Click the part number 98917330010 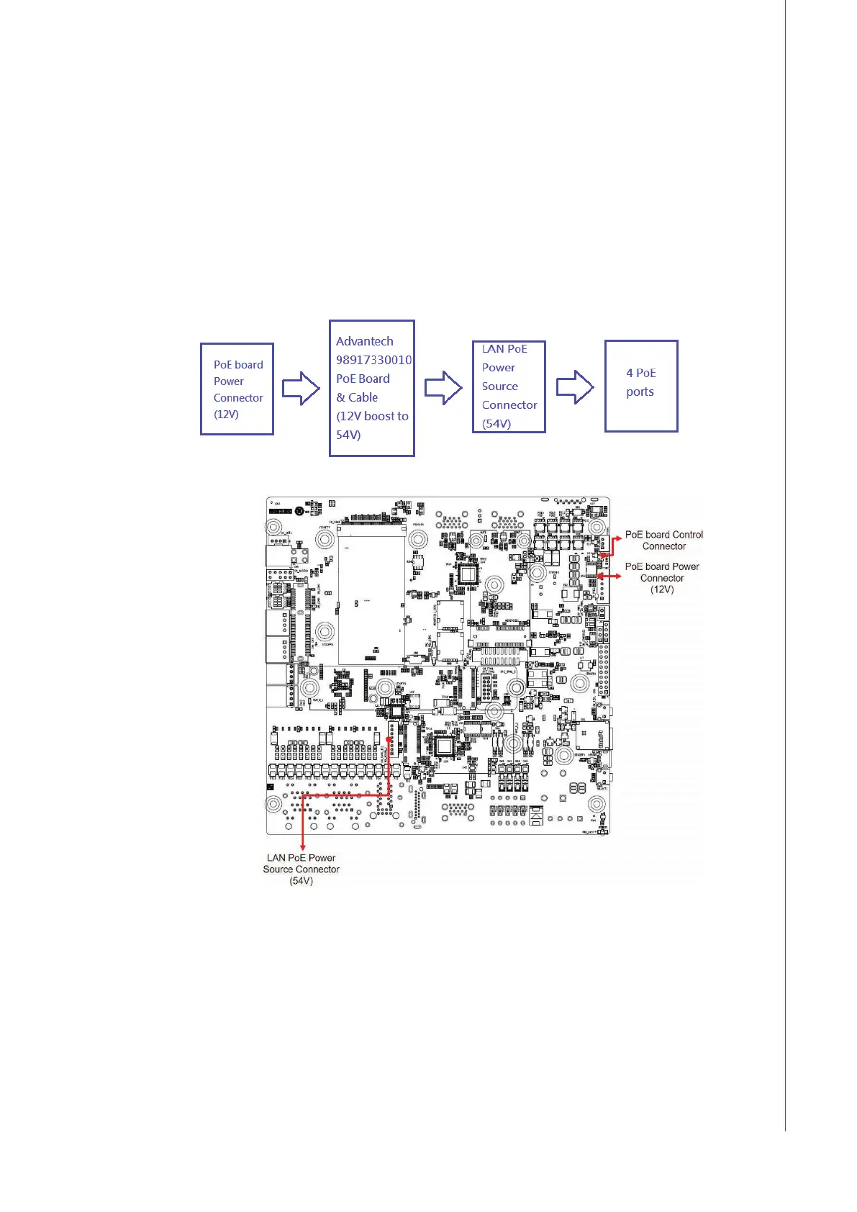tap(373, 360)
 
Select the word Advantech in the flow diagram tap(365, 341)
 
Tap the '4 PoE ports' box tap(641, 386)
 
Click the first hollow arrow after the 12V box tap(301, 389)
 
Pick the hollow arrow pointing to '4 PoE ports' tap(575, 387)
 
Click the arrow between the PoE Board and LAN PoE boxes tap(443, 388)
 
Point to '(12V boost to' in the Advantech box tap(372, 416)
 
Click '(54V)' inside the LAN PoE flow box tap(496, 423)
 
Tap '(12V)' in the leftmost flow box tap(226, 414)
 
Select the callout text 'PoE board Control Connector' tap(663, 540)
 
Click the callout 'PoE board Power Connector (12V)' tap(662, 577)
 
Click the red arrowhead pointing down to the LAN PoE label tap(302, 847)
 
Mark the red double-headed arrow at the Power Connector tap(609, 576)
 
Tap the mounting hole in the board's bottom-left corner tap(273, 803)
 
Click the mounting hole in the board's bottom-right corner tap(597, 804)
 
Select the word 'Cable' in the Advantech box tap(363, 397)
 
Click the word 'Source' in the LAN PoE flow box tap(499, 386)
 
